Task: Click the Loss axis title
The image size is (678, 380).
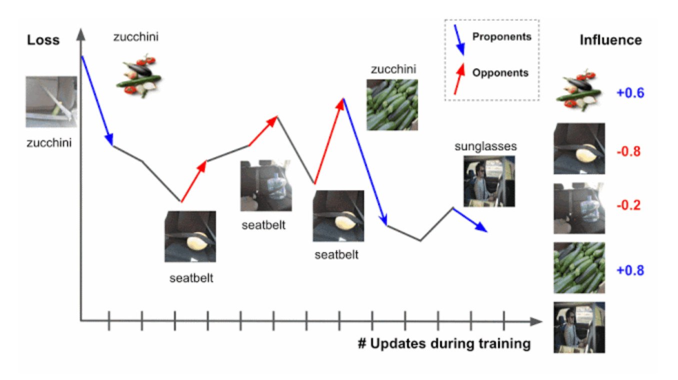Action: pos(43,40)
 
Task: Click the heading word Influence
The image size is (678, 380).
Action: pos(611,40)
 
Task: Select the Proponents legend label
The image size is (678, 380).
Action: pos(502,37)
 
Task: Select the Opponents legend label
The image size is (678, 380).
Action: pos(500,73)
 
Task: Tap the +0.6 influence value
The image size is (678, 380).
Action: pos(630,93)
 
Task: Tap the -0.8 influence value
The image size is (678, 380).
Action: pos(628,151)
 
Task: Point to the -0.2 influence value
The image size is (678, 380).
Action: pos(628,205)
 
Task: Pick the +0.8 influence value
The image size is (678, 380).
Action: pos(630,270)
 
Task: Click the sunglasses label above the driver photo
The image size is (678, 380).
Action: pos(485,147)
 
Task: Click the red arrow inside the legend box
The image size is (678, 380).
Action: pos(459,78)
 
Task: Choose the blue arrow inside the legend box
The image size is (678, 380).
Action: pos(459,40)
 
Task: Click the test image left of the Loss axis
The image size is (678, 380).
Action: pos(51,101)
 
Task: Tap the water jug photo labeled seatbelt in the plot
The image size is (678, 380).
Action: pos(266,186)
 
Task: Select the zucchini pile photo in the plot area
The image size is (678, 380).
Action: pos(392,105)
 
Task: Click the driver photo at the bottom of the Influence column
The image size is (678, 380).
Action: pos(579,328)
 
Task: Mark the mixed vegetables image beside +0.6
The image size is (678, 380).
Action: pos(578,90)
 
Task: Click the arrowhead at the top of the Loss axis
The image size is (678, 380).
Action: pos(81,34)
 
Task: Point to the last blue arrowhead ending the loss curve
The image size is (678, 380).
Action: pos(481,228)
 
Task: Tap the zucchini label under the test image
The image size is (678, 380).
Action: pos(49,143)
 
